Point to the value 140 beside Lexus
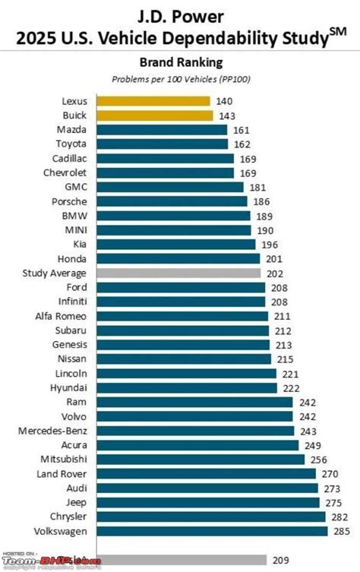point(224,101)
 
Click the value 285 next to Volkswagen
point(341,531)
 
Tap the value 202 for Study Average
point(274,273)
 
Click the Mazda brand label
point(72,130)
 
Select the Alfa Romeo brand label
point(62,316)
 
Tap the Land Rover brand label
point(63,474)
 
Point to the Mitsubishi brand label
point(64,460)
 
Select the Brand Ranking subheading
point(180,62)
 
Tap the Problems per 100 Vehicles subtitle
point(180,78)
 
